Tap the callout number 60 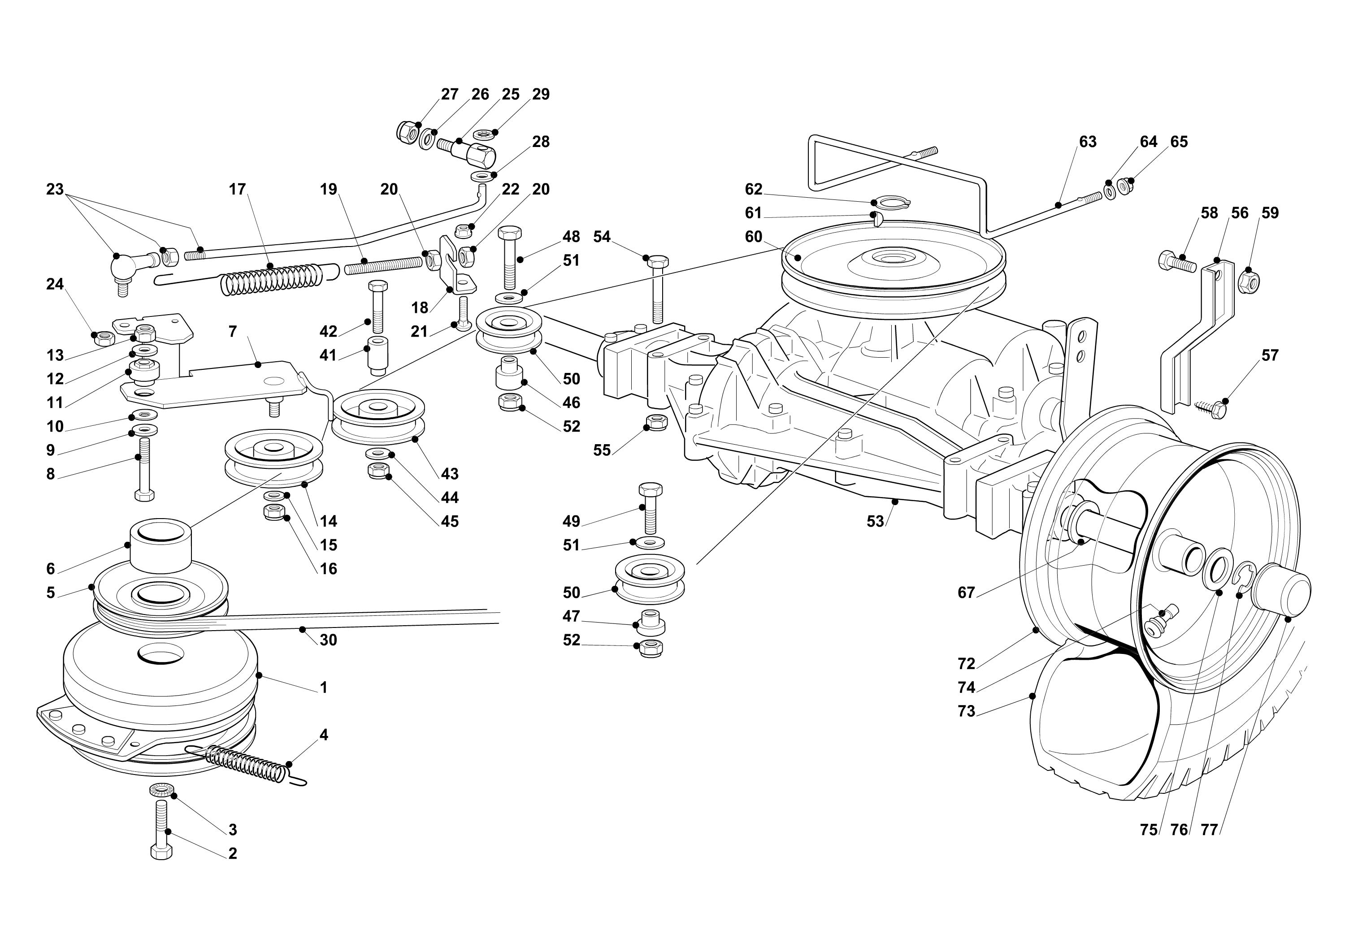tap(753, 237)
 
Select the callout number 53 tap(875, 521)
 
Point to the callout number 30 tap(328, 640)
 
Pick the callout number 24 tap(55, 284)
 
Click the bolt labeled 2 tap(161, 832)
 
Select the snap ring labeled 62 tap(890, 203)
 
